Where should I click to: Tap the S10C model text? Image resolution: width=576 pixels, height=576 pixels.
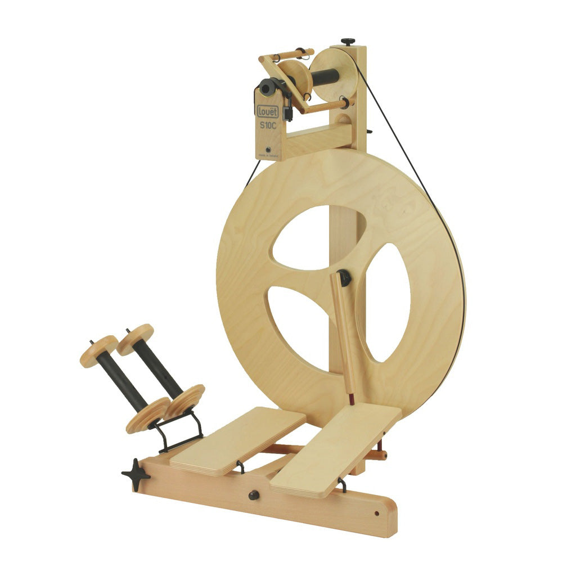coord(268,125)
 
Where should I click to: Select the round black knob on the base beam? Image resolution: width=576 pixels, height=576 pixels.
coord(254,495)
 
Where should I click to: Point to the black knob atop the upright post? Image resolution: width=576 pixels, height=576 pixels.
coord(349,42)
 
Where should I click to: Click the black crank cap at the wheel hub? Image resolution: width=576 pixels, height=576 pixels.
coord(344,277)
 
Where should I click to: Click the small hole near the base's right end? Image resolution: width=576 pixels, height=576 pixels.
coord(376,513)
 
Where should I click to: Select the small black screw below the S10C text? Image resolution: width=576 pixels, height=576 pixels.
coord(269,150)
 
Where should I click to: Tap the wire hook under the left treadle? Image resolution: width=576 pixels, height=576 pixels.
coord(241,466)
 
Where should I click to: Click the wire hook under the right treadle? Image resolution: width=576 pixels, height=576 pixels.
coord(342,484)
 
